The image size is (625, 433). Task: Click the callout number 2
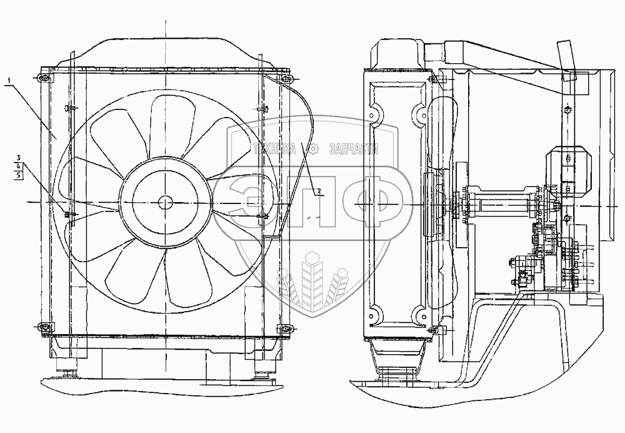[319, 191]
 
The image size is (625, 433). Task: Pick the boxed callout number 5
[18, 175]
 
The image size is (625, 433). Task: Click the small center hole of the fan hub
[164, 203]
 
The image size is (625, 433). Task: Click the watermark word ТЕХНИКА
[275, 150]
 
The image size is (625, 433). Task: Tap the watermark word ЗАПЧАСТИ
[354, 150]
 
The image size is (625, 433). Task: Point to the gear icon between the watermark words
[313, 150]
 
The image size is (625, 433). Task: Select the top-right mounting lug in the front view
[284, 78]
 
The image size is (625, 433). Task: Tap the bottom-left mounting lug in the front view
[44, 328]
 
